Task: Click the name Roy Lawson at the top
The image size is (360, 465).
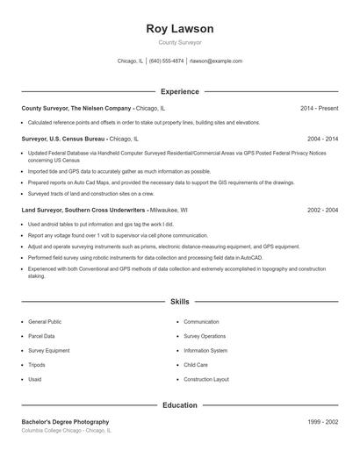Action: [179, 29]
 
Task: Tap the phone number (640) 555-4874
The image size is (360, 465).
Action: [167, 61]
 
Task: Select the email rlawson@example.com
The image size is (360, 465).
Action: [216, 61]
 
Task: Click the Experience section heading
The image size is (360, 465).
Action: [179, 91]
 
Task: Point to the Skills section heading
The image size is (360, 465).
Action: [179, 302]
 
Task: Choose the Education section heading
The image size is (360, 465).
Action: [179, 405]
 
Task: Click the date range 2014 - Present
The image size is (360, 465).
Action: [319, 108]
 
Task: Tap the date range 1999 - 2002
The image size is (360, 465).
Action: [322, 422]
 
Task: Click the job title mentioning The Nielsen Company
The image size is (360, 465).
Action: [77, 108]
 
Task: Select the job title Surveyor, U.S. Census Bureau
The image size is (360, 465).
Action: [63, 139]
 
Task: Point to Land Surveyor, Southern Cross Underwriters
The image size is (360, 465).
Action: [84, 211]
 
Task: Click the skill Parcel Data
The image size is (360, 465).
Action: [41, 336]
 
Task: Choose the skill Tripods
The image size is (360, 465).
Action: [36, 365]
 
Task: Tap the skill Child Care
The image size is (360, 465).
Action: [196, 365]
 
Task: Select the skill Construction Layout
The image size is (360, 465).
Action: [206, 379]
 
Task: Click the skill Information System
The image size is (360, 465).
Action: [205, 350]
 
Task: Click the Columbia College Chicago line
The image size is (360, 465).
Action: [67, 431]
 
